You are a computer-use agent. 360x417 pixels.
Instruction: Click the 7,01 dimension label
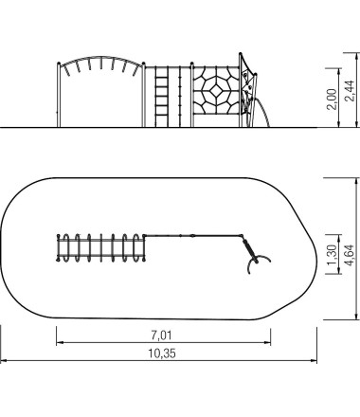click(161, 335)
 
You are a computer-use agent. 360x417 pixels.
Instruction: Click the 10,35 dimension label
click(162, 354)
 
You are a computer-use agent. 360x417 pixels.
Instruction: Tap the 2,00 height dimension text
click(332, 99)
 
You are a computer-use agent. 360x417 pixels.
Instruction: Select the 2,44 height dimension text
click(350, 91)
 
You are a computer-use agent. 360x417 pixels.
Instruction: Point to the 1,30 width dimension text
click(332, 255)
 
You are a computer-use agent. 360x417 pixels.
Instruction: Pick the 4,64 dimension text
click(350, 255)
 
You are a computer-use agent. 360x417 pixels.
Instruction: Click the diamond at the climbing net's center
click(216, 91)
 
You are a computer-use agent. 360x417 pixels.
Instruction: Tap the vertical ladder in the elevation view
click(161, 97)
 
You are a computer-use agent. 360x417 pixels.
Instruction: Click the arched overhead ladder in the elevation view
click(101, 65)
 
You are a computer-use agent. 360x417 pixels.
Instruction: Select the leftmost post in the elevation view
click(59, 95)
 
